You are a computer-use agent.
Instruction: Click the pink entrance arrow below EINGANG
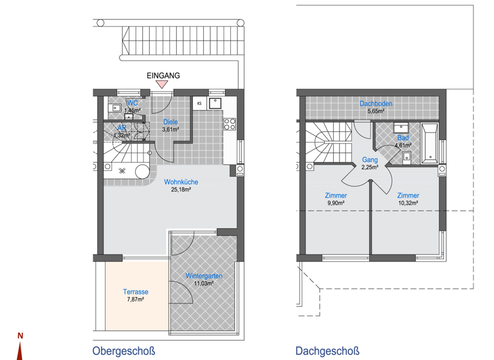point(163,84)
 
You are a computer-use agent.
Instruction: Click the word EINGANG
point(163,75)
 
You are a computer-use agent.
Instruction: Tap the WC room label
point(132,103)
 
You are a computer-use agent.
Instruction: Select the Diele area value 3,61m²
point(170,129)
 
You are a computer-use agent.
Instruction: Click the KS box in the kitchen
point(199,103)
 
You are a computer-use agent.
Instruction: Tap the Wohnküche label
point(181,182)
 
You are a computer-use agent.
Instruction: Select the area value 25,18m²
point(181,190)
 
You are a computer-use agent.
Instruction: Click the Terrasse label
point(136,291)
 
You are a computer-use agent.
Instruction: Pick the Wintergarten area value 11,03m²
point(204,283)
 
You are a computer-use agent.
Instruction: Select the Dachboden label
point(376,104)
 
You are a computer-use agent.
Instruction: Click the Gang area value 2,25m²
point(370,167)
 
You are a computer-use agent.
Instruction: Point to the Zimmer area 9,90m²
point(336,203)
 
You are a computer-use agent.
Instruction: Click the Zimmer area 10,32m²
point(408,203)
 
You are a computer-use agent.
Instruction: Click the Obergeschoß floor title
point(124,351)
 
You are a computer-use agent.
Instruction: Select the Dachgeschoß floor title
point(327,351)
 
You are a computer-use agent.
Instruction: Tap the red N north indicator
point(20,336)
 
